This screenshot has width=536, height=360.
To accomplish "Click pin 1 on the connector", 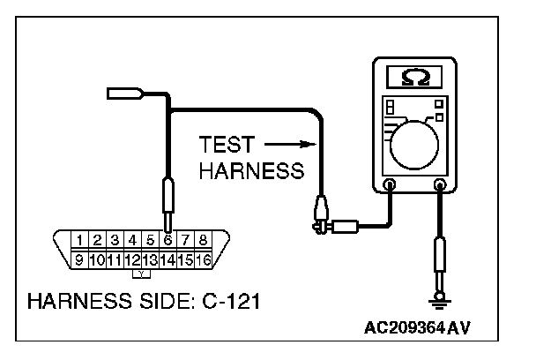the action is point(80,239).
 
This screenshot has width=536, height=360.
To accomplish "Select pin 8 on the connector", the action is point(203,239).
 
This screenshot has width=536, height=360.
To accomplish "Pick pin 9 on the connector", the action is point(79,259).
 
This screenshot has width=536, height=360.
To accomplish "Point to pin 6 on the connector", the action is point(167,239).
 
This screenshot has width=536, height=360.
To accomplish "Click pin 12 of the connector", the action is point(132,259).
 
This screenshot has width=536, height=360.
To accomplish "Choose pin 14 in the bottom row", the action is point(167,259).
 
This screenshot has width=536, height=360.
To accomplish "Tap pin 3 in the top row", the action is point(115,239).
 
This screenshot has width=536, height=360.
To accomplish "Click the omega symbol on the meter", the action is point(411,79).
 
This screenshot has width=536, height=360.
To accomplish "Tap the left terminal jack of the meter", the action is point(389,185).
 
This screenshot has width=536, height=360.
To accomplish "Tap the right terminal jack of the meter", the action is point(441,185).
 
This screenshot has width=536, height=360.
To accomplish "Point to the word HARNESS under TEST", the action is point(249,170).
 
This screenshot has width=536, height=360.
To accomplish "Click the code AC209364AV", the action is point(417,327).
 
